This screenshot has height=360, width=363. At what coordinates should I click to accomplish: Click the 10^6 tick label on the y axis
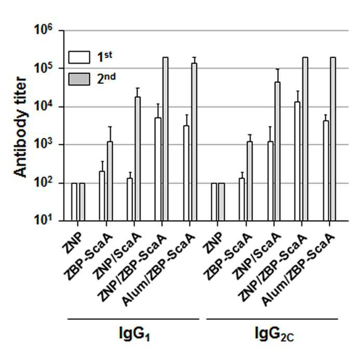(43, 30)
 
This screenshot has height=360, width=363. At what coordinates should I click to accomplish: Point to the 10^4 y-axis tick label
(43, 106)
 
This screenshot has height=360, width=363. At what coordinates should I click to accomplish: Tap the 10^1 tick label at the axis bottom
(43, 219)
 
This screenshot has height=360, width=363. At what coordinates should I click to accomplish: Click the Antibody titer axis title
(20, 128)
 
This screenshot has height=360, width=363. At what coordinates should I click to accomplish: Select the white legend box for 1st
(79, 57)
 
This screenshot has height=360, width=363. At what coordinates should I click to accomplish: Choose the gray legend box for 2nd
(79, 79)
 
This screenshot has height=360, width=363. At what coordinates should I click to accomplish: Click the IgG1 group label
(135, 334)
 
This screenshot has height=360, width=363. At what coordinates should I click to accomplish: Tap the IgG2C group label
(274, 334)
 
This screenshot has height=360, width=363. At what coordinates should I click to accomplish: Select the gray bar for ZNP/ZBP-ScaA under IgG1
(165, 139)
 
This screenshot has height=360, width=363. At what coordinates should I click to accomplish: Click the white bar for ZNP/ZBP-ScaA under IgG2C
(297, 162)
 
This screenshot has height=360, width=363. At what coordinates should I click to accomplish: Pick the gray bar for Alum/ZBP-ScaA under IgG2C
(333, 139)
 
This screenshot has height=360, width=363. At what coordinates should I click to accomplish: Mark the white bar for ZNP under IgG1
(74, 202)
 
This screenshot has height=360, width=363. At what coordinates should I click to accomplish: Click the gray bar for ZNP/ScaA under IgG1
(138, 159)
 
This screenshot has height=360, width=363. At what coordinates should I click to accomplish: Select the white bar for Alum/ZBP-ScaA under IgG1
(186, 173)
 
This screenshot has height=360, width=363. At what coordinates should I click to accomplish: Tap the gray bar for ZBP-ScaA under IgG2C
(250, 181)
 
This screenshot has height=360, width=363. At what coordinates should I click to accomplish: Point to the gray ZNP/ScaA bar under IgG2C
(277, 151)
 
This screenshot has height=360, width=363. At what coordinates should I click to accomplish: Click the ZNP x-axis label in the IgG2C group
(212, 243)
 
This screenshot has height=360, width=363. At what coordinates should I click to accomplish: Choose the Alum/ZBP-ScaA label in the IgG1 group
(158, 270)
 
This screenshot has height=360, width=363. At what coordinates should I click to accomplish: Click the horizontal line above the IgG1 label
(133, 319)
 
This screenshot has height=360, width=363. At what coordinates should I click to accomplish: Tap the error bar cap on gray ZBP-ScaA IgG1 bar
(110, 127)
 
